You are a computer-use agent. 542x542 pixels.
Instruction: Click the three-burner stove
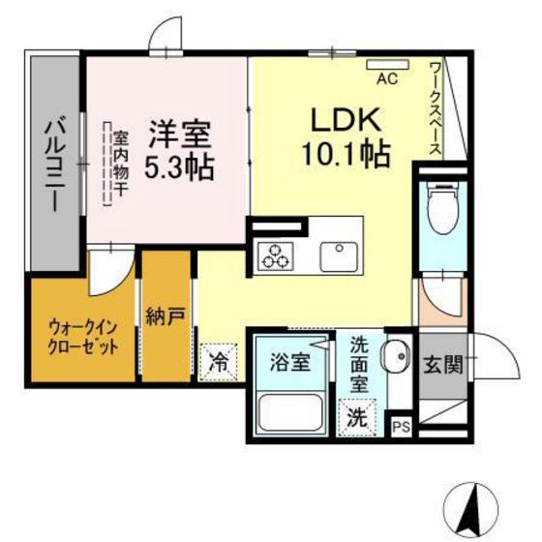275,256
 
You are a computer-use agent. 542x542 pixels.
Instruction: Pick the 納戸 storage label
166,316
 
